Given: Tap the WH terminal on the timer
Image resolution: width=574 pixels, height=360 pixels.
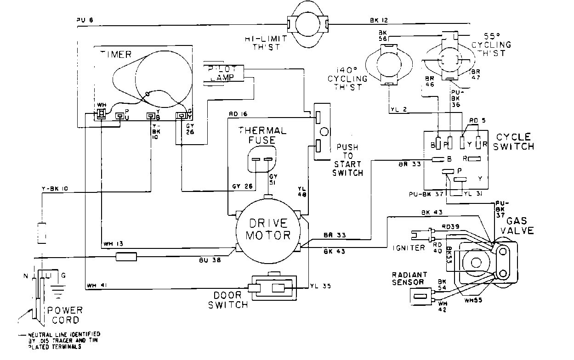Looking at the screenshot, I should (x=100, y=114).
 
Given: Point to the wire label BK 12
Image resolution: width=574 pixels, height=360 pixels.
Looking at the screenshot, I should (x=379, y=20).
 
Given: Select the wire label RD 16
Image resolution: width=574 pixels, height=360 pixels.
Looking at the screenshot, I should (x=238, y=114).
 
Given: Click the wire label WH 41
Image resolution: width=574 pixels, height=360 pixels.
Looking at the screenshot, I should (x=94, y=286).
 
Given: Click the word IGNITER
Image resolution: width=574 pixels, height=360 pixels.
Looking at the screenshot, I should (x=409, y=248).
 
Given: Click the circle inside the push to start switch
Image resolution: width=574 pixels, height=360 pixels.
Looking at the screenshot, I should (x=324, y=132).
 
